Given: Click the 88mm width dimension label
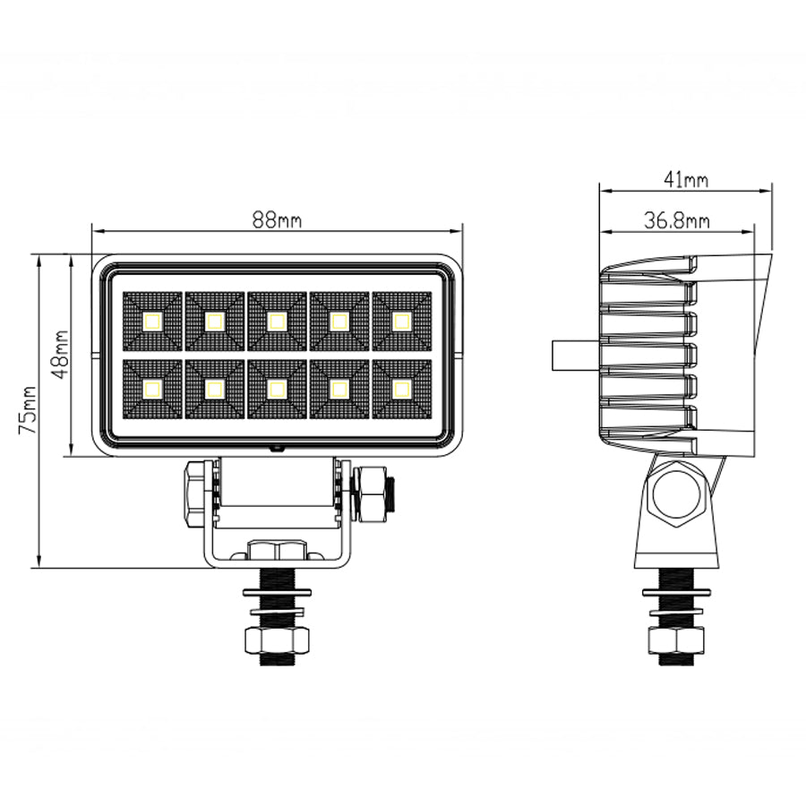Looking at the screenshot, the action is (x=277, y=220).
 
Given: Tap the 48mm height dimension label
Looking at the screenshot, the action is (x=61, y=355).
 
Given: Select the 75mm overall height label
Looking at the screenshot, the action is (x=27, y=410).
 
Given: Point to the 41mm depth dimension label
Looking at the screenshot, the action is (x=686, y=180).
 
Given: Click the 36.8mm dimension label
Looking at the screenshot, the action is (x=677, y=221).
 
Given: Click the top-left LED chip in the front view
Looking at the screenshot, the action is (x=152, y=322).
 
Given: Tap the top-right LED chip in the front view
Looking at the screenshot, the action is (x=401, y=322).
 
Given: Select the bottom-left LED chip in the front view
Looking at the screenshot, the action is (x=152, y=390).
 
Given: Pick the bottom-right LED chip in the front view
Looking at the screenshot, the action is (x=401, y=390).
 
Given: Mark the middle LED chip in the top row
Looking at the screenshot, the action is (x=277, y=322).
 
